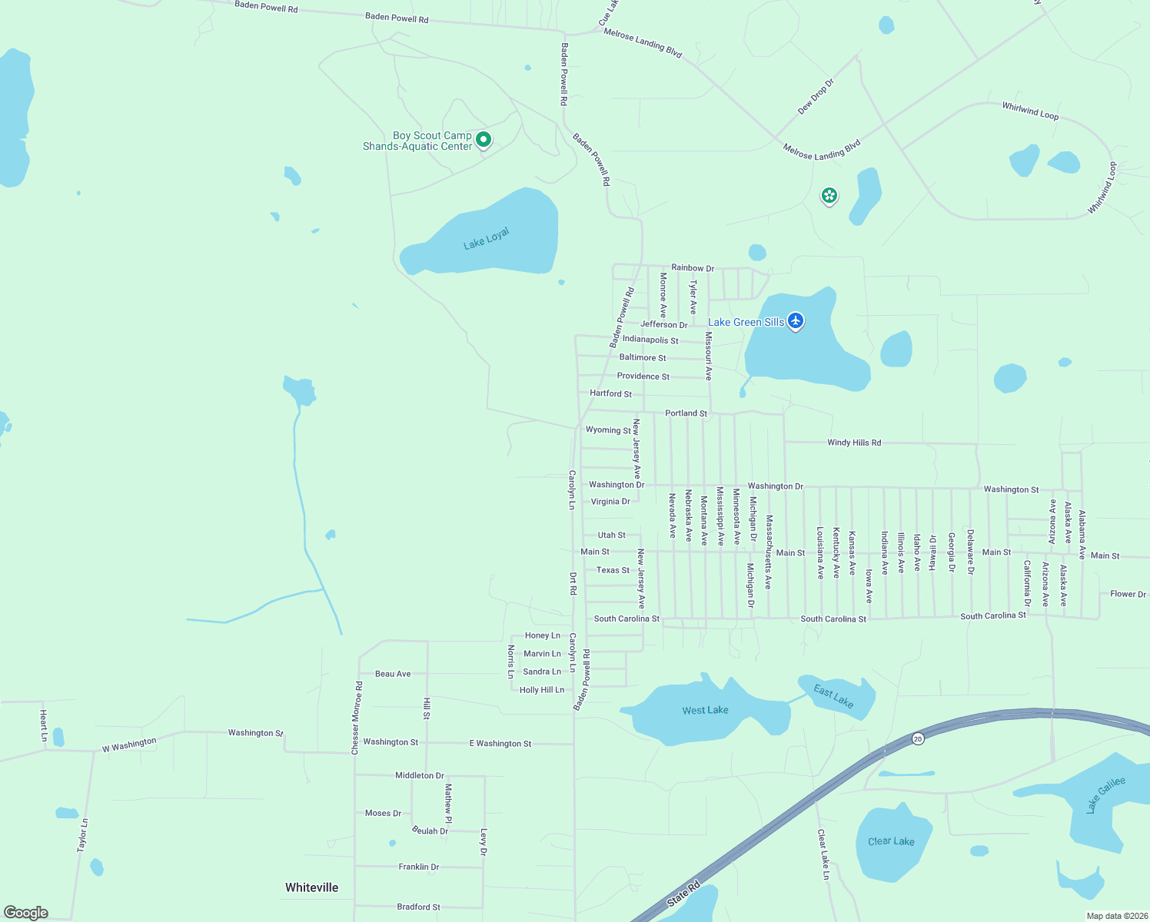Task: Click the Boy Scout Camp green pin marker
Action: (x=484, y=140)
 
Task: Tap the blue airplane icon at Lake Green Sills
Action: (x=796, y=320)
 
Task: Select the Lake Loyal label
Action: (x=487, y=239)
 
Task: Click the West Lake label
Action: (x=705, y=711)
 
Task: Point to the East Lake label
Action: (x=833, y=696)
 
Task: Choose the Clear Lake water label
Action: (x=891, y=841)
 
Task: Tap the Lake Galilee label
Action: (x=1106, y=794)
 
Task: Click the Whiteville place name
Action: (x=311, y=887)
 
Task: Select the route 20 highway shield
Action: (x=918, y=738)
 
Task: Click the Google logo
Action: (x=26, y=913)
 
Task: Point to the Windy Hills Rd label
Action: (x=854, y=443)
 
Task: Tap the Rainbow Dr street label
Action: (x=693, y=268)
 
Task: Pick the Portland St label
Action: (x=686, y=413)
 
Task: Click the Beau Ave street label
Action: (x=393, y=674)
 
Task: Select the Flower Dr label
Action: (x=1128, y=594)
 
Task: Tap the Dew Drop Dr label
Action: (x=816, y=97)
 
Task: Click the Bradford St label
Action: (x=419, y=907)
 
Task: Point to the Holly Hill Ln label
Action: (x=542, y=690)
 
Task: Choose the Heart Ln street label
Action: (x=44, y=726)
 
